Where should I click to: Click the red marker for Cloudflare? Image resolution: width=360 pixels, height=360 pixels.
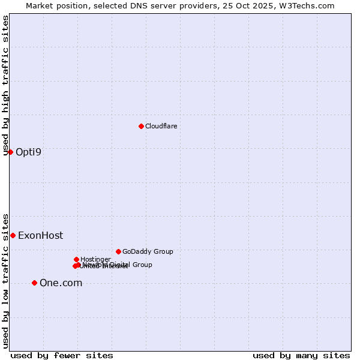pyautogui.click(x=141, y=126)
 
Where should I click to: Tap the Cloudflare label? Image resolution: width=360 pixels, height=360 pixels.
pyautogui.click(x=161, y=126)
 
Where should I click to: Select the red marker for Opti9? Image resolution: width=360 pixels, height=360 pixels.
pyautogui.click(x=10, y=152)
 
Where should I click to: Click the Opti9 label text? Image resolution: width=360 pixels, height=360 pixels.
pyautogui.click(x=28, y=152)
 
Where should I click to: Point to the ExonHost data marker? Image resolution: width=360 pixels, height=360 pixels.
pyautogui.click(x=13, y=235)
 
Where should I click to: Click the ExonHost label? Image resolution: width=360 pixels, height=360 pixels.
pyautogui.click(x=40, y=236)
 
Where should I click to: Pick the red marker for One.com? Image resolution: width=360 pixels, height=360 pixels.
pyautogui.click(x=34, y=283)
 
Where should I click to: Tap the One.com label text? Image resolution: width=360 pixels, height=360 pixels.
pyautogui.click(x=61, y=283)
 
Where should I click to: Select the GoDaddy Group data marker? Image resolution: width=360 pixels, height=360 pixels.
pyautogui.click(x=118, y=251)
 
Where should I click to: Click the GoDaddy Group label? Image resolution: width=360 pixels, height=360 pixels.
pyautogui.click(x=148, y=251)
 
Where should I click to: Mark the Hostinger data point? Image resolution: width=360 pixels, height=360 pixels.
pyautogui.click(x=76, y=259)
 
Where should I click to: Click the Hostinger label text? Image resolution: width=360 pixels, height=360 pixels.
pyautogui.click(x=95, y=259)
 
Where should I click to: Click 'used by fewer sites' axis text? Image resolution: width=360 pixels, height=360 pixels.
pyautogui.click(x=62, y=355)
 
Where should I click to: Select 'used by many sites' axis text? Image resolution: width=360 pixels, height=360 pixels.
pyautogui.click(x=301, y=355)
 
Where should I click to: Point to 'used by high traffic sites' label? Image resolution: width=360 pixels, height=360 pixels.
pyautogui.click(x=6, y=86)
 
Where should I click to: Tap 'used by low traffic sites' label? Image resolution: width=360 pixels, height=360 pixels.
pyautogui.click(x=6, y=280)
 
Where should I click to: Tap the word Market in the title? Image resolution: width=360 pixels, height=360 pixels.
pyautogui.click(x=40, y=5)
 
